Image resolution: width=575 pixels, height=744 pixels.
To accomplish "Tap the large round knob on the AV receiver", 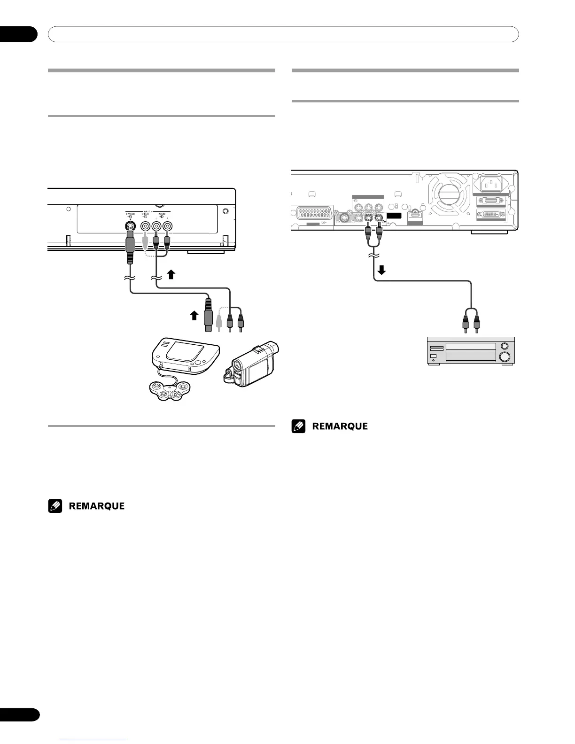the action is point(505,356).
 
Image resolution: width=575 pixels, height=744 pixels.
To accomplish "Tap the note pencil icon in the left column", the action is point(55,506).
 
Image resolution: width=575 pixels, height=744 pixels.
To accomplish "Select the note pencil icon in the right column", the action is point(299,426).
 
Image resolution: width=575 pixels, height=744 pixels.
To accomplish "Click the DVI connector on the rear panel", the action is point(491,214).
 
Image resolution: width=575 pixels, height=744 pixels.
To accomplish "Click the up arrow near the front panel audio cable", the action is point(171,274).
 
